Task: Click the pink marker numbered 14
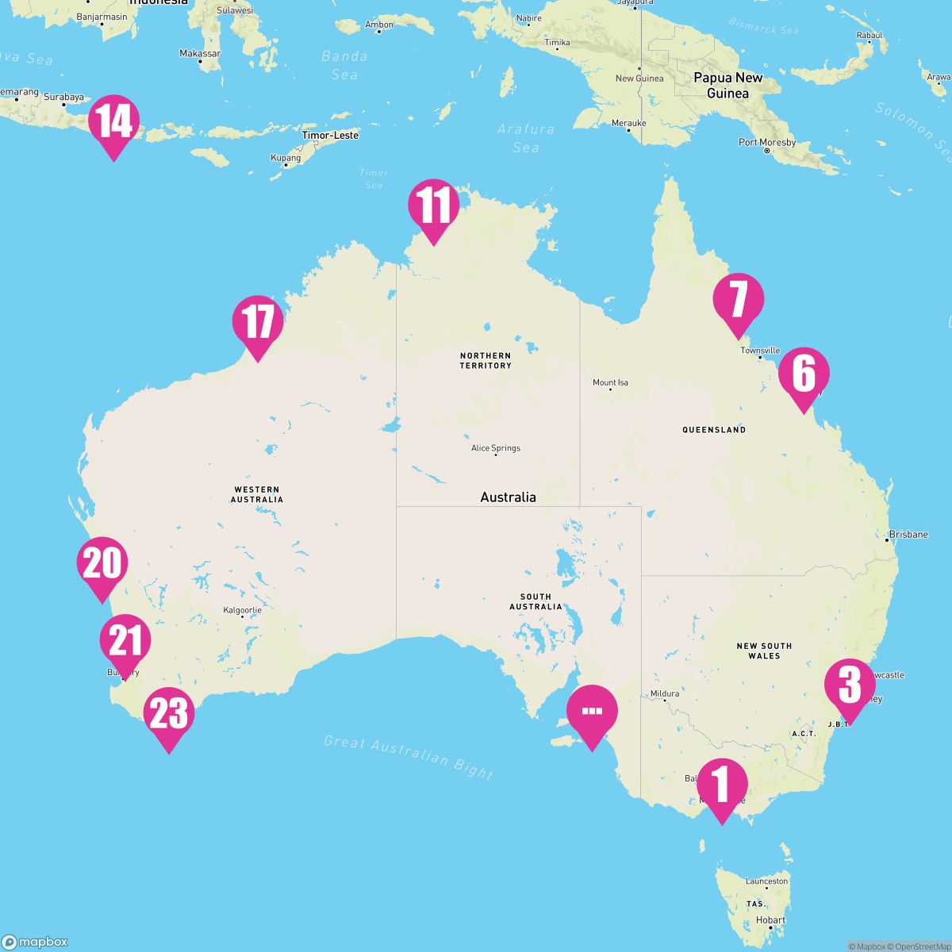[113, 123]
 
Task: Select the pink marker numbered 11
[433, 206]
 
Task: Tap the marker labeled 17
[257, 323]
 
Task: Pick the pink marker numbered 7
[738, 300]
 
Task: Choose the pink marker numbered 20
[102, 564]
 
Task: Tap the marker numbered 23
[168, 714]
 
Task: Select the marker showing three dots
[592, 712]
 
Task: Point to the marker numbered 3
[850, 685]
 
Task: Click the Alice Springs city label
[496, 448]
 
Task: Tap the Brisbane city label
[908, 535]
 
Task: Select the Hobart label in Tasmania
[770, 920]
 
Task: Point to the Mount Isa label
[610, 382]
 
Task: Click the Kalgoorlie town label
[242, 610]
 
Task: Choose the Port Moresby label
[766, 143]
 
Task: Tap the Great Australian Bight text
[409, 757]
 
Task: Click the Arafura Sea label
[526, 137]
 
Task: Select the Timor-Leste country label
[330, 136]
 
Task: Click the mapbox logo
[36, 942]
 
